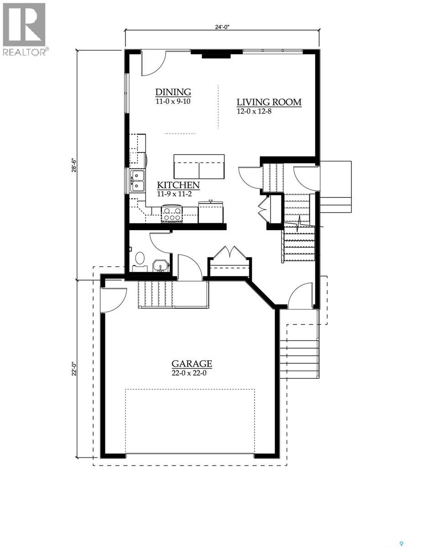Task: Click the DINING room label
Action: [x=172, y=92]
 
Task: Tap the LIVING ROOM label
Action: [x=268, y=102]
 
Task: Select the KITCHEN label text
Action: [x=178, y=185]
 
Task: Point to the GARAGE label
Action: [x=192, y=363]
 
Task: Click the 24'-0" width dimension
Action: [x=222, y=27]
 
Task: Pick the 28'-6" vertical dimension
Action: [x=73, y=165]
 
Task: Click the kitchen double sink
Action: [x=137, y=181]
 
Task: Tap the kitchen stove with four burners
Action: [x=172, y=214]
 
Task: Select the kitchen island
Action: [x=199, y=166]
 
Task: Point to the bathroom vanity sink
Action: [x=160, y=266]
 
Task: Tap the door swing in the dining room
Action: [x=152, y=64]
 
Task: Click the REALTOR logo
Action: [x=24, y=29]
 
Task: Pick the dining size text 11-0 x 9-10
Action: [x=172, y=101]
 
